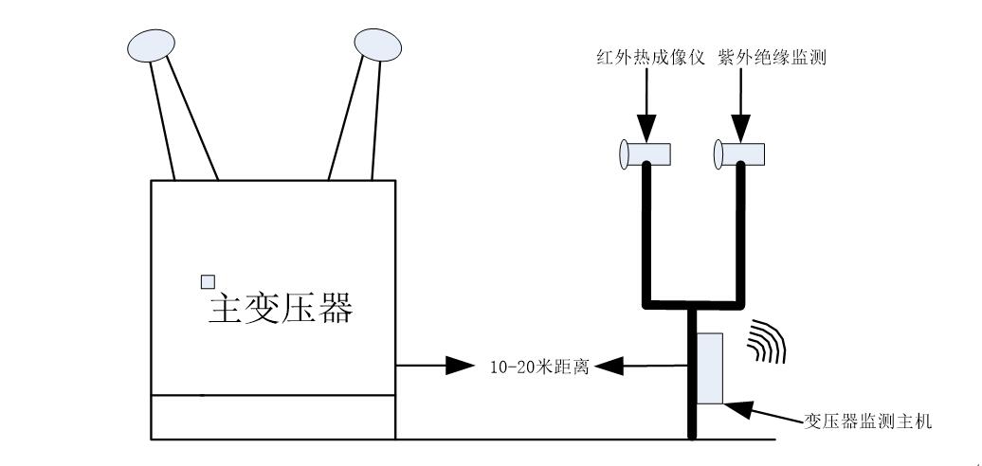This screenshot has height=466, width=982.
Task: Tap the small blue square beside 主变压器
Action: click(x=208, y=281)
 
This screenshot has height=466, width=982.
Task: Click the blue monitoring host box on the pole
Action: click(x=709, y=367)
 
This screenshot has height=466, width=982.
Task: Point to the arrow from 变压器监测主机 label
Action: click(x=758, y=412)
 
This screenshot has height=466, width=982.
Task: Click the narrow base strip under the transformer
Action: click(x=273, y=418)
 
